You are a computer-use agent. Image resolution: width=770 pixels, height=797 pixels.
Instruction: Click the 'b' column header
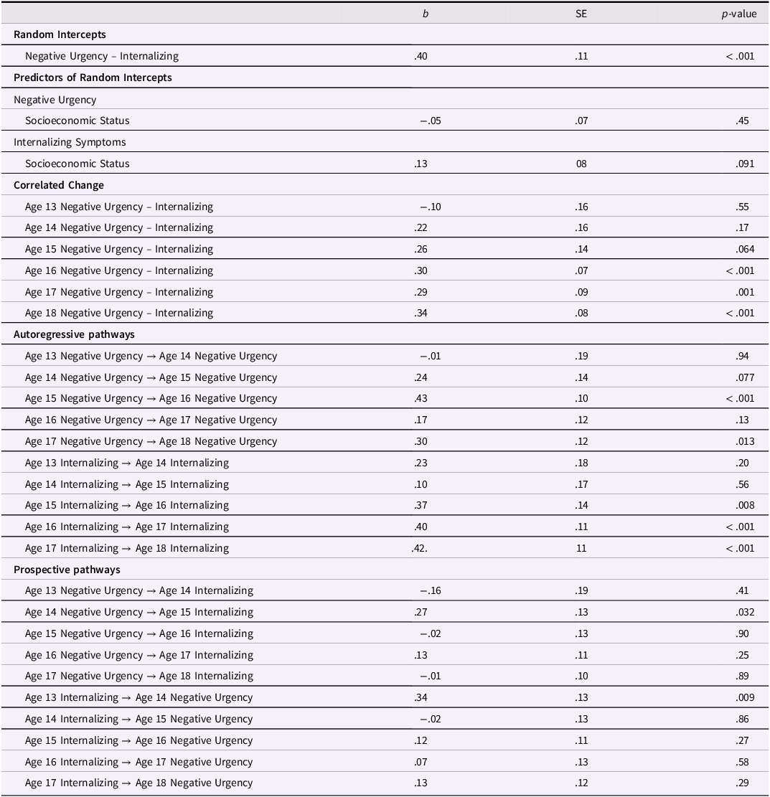coord(426,14)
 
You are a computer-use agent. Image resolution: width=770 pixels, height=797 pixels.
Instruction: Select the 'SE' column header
coord(581,14)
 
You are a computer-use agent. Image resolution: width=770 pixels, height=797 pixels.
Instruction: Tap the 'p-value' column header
coord(738,14)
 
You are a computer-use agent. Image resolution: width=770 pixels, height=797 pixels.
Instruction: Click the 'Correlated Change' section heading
coord(59,185)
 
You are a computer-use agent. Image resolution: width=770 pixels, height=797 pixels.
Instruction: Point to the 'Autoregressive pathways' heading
coord(74,334)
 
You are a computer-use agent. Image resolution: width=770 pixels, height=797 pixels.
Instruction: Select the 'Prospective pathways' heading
coord(67,570)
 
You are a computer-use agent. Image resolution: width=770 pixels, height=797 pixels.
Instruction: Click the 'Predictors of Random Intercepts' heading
coord(93,77)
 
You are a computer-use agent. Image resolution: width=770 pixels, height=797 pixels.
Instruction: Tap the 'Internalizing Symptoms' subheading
coord(70,142)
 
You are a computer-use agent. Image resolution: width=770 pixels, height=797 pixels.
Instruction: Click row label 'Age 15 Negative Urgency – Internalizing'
coord(119,249)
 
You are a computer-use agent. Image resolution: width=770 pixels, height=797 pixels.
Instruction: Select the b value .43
coord(422,398)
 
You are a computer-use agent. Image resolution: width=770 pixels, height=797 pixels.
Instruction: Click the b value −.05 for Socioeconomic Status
coord(430,121)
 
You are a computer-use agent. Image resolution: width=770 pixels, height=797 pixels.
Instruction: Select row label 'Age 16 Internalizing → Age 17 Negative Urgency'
coord(138,762)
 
